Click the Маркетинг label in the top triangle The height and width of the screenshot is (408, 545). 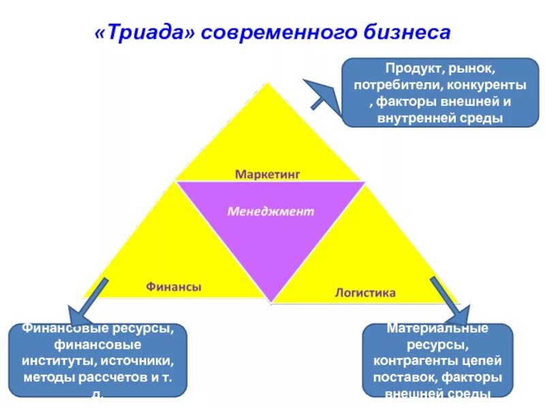pos(268,173)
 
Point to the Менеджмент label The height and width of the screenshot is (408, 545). pos(270,211)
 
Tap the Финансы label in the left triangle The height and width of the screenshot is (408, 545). pos(174,287)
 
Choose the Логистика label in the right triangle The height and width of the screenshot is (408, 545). pos(365,293)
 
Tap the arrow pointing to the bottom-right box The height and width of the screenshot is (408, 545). pos(450,300)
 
